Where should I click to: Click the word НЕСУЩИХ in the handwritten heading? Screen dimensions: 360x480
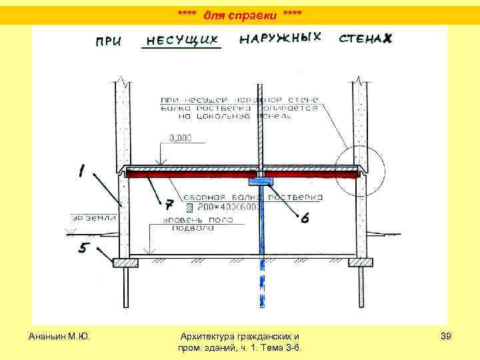point(182,40)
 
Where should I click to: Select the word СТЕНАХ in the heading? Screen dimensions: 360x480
point(365,39)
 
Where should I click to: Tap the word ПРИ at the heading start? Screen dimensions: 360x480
point(109,41)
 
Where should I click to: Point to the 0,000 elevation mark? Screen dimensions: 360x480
point(180,139)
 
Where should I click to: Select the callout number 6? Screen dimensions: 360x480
point(305,217)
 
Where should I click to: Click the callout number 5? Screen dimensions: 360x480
point(83,249)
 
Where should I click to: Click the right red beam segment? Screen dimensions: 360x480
point(311,175)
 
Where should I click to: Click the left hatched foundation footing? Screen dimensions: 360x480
point(125,263)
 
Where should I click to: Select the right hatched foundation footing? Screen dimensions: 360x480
point(362,263)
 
